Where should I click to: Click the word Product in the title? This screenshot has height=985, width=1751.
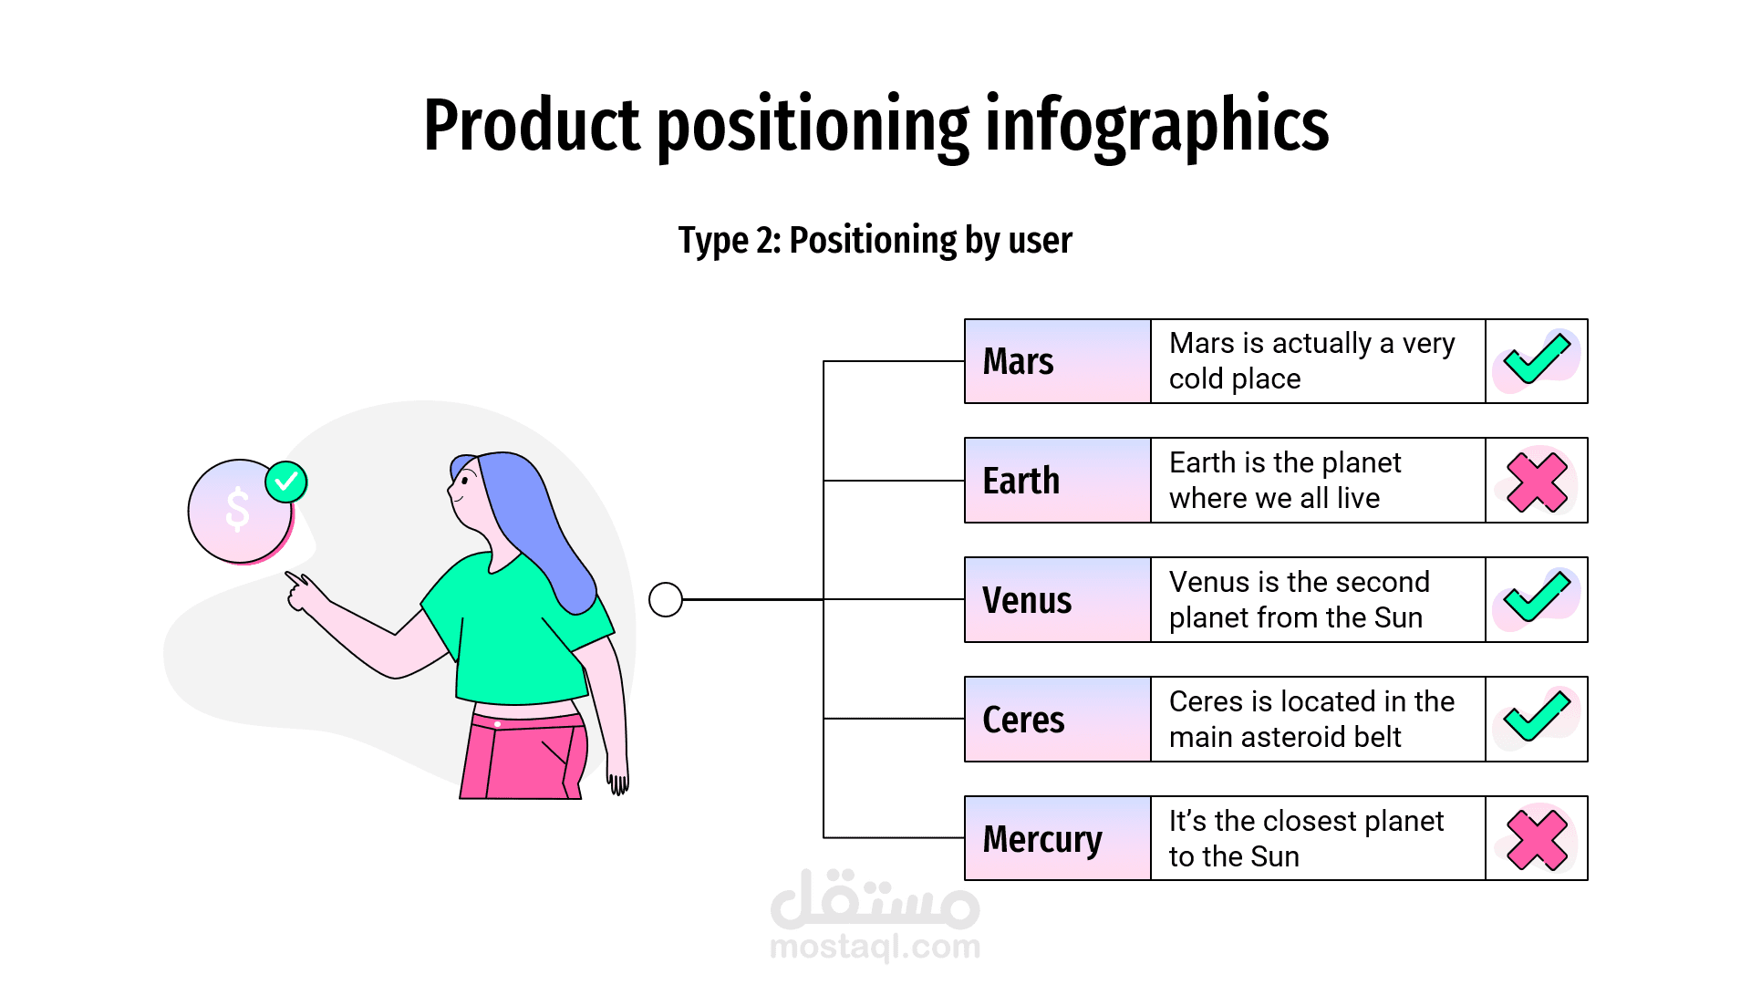tap(533, 126)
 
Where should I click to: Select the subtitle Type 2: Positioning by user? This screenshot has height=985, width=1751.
tap(875, 241)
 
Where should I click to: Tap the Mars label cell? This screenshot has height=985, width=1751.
tap(1057, 361)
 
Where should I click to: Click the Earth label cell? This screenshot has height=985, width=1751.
tap(1057, 481)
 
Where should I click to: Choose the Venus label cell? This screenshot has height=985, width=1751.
tap(1057, 600)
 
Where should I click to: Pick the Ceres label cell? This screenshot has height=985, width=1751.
tap(1057, 720)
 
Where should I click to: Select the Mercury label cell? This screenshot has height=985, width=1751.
tap(1057, 839)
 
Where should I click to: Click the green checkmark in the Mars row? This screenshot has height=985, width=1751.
tap(1537, 359)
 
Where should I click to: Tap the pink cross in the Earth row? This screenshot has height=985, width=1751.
tap(1537, 482)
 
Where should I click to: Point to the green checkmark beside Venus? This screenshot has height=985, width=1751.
tap(1537, 597)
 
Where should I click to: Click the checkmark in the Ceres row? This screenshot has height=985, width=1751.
tap(1537, 717)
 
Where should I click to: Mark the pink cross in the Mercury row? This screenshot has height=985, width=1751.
tap(1537, 839)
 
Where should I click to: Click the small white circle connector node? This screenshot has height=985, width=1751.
tap(666, 600)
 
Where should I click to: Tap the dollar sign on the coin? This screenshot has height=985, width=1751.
tap(237, 509)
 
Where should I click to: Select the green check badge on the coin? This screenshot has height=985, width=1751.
tap(286, 482)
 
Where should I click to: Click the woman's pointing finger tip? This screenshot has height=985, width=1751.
tap(289, 575)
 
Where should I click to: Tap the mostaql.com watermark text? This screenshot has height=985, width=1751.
tap(875, 948)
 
